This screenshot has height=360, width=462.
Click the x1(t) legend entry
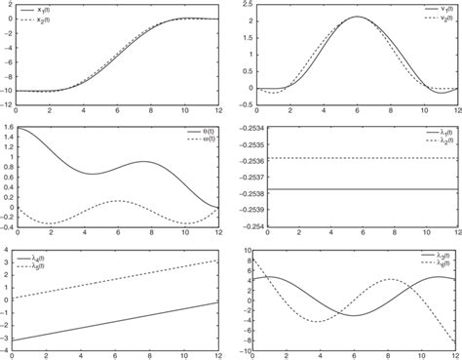200,11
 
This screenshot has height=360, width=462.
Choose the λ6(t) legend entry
431,263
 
